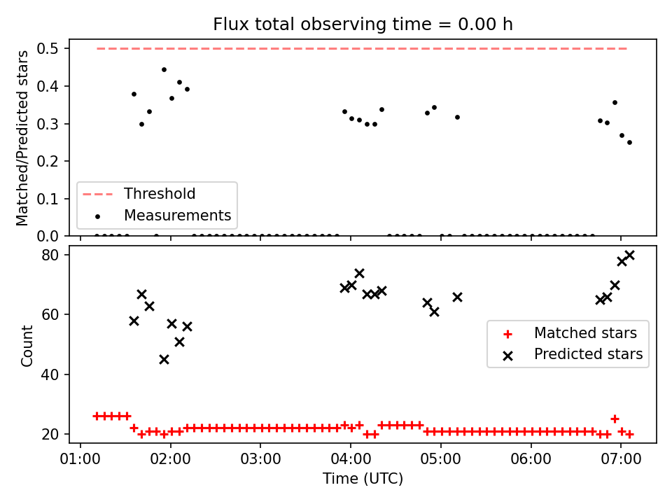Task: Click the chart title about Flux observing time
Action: point(363,24)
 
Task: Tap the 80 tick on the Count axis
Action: point(50,255)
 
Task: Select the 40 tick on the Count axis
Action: point(50,374)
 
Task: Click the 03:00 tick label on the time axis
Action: point(260,459)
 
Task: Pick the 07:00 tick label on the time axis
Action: point(621,459)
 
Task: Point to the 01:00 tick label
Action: point(80,459)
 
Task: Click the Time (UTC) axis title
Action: point(363,478)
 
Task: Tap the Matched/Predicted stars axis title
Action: point(22,138)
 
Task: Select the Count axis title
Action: point(27,346)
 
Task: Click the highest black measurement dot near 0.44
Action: point(164,69)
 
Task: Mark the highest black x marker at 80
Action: point(629,255)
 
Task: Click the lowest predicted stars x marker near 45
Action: point(164,360)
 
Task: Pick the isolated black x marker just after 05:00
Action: point(457,297)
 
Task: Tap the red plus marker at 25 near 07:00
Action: point(615,419)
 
